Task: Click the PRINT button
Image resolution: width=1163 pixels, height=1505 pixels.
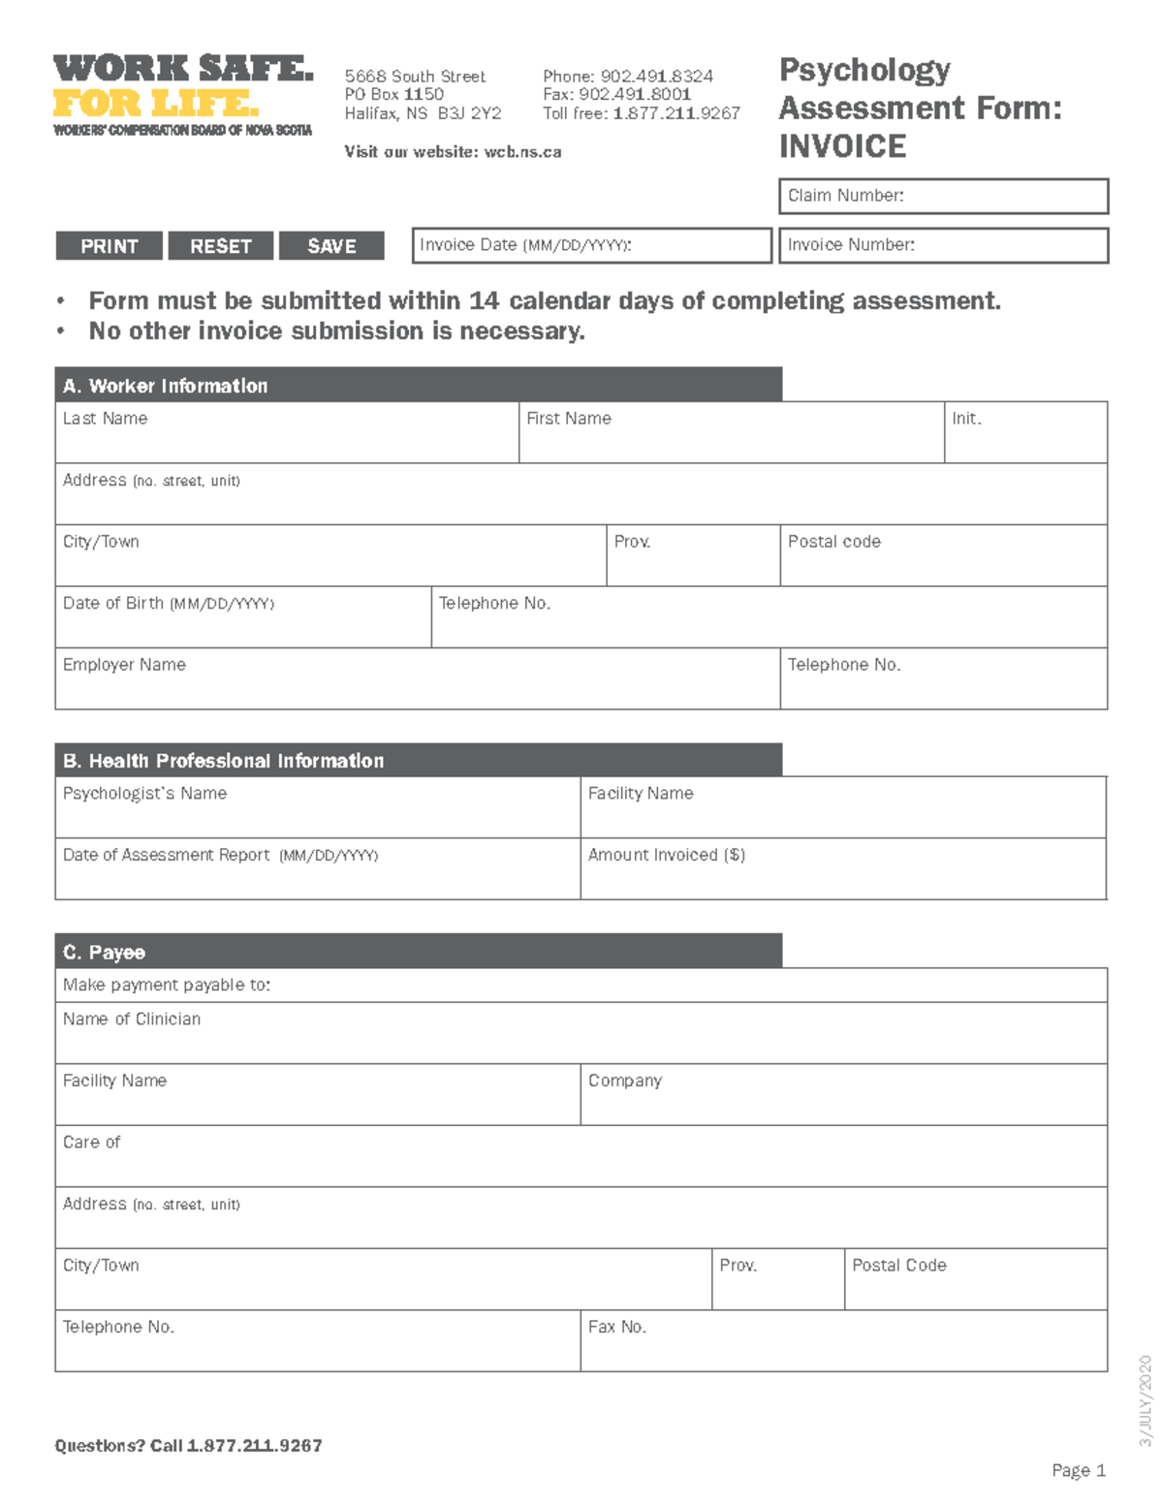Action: coord(110,246)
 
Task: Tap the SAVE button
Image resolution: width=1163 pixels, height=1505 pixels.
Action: coord(331,246)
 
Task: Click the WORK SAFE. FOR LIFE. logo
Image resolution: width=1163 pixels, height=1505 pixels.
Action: coord(183,95)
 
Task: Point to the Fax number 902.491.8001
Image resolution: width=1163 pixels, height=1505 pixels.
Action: coord(634,95)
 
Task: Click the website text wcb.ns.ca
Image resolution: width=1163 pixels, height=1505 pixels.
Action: coord(522,152)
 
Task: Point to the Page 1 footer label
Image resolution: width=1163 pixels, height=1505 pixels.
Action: coord(1079,1471)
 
